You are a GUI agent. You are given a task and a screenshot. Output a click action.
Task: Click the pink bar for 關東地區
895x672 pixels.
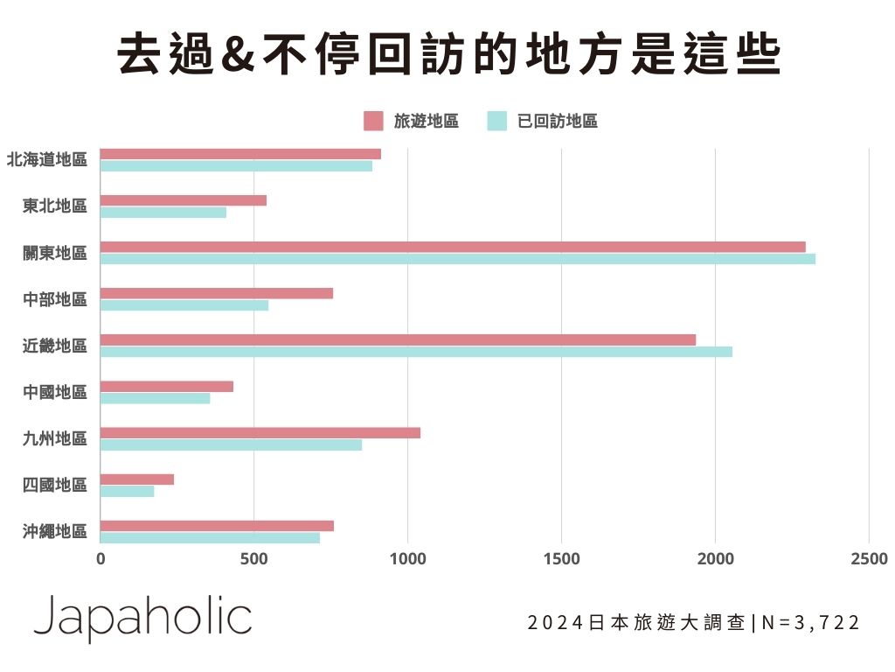click(x=453, y=247)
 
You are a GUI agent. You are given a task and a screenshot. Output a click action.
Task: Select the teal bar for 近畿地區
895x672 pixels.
click(x=416, y=352)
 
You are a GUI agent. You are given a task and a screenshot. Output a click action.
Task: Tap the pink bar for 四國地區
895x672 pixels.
click(x=137, y=479)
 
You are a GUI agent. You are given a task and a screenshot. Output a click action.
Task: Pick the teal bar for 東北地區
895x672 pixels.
click(x=163, y=213)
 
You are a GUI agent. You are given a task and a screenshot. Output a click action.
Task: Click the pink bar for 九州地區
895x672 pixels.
click(x=260, y=433)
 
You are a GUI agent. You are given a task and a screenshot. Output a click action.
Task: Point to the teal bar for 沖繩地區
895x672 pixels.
click(x=210, y=538)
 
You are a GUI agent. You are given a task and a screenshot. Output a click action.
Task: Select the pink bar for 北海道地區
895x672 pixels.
click(x=240, y=154)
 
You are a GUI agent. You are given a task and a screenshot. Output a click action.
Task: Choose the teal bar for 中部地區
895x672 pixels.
click(x=184, y=305)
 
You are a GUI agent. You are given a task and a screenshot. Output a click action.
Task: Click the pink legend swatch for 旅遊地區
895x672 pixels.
click(x=373, y=121)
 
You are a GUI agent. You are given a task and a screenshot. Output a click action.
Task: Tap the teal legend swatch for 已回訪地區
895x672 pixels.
click(x=496, y=121)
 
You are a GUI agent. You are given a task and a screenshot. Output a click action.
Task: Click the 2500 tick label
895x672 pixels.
click(x=869, y=559)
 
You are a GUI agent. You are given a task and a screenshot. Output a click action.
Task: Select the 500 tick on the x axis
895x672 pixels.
click(x=253, y=559)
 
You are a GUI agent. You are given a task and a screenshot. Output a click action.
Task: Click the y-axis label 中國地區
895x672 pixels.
click(x=55, y=392)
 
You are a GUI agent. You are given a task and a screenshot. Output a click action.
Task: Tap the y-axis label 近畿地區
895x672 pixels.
click(x=55, y=346)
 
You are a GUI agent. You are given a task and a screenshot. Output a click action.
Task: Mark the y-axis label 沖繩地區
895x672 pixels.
click(x=55, y=531)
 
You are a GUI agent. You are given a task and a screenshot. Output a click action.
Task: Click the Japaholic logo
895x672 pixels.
click(x=142, y=619)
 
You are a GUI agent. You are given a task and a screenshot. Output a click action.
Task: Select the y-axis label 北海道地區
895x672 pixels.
click(x=47, y=160)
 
